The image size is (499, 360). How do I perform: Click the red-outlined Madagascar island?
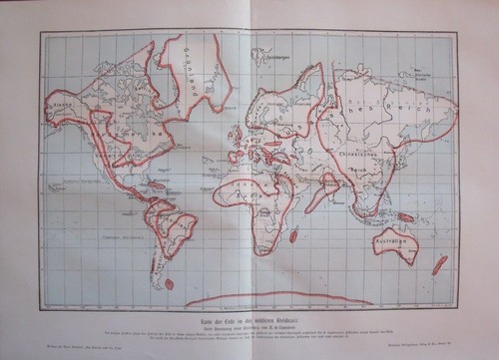[294, 233]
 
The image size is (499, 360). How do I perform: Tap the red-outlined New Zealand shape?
[438, 264]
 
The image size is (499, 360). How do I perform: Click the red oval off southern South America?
[169, 283]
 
